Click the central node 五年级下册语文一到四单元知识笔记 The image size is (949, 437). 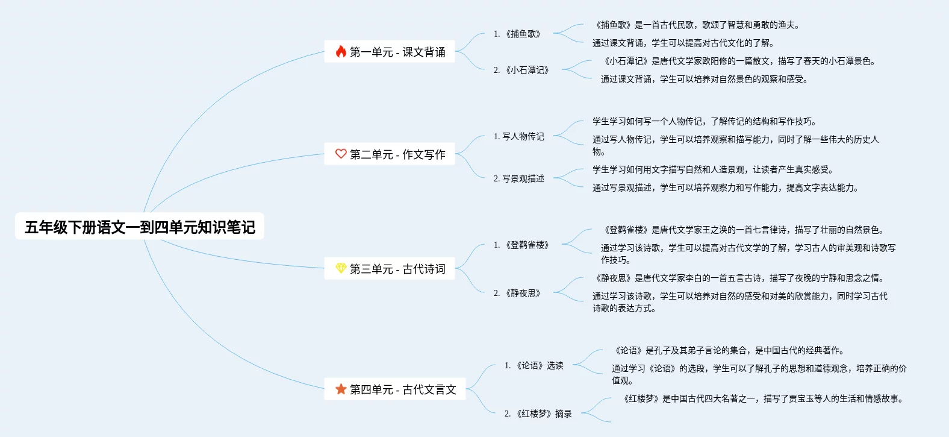(140, 227)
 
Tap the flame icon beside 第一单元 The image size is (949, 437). (341, 52)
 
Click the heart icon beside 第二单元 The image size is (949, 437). (341, 154)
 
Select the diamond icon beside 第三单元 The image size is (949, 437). (341, 269)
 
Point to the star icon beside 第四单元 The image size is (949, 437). (341, 389)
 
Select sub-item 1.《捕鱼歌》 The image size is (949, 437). (517, 34)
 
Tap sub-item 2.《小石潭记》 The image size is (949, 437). (521, 70)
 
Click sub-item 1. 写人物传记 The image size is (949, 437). (519, 136)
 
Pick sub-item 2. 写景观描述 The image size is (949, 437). (519, 178)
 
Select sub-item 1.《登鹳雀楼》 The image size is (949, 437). (521, 245)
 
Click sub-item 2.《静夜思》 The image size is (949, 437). (517, 293)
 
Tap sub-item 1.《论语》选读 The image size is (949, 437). (534, 365)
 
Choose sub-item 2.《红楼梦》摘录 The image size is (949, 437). (538, 413)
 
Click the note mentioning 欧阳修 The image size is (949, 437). (740, 61)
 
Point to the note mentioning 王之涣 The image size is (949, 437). (744, 230)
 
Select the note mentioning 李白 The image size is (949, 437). (740, 278)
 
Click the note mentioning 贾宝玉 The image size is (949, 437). (764, 398)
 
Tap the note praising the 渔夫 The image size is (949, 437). (697, 25)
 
